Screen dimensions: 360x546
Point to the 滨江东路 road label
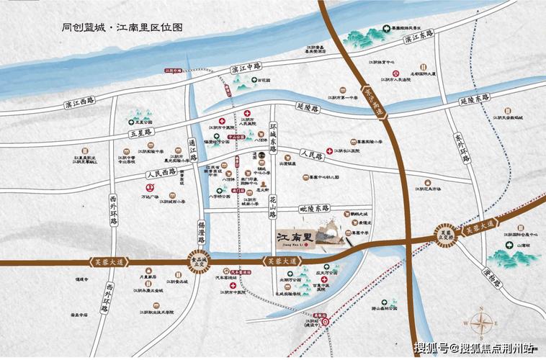click(x=419, y=36)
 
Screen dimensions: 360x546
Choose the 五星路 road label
click(x=143, y=133)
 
